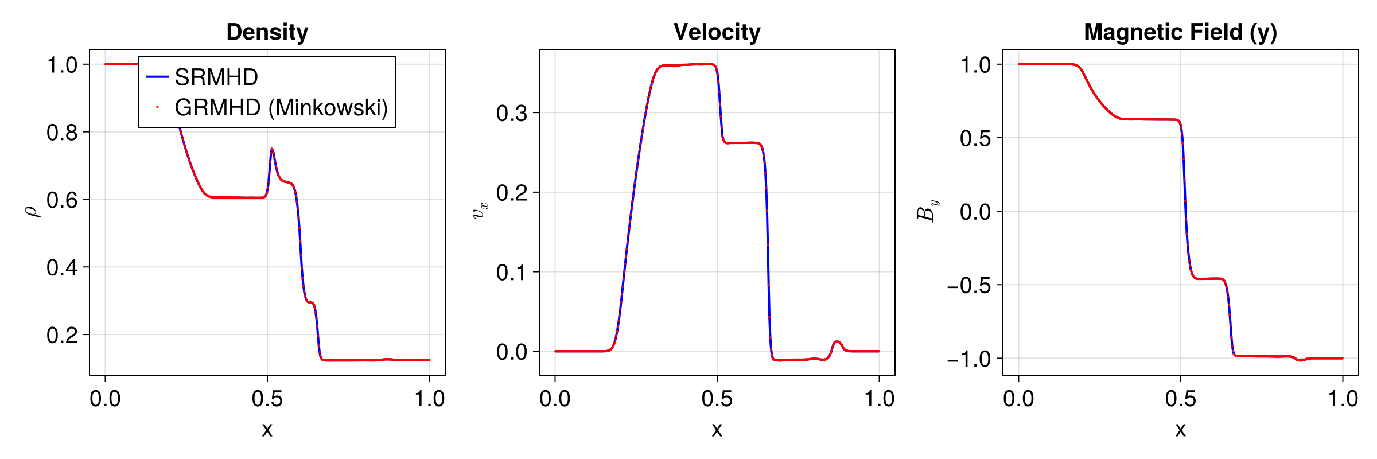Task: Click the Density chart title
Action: tap(267, 32)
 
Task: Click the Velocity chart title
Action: tap(717, 32)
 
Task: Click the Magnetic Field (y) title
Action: tap(1180, 32)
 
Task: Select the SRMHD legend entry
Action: tap(216, 77)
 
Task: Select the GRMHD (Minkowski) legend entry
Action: tap(281, 107)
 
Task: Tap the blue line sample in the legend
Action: tap(157, 77)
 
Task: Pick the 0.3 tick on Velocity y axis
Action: tap(512, 113)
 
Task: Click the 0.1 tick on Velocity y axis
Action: tap(512, 272)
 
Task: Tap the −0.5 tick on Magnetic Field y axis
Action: tap(969, 285)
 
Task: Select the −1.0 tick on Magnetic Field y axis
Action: tap(969, 359)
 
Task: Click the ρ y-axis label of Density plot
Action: tap(33, 211)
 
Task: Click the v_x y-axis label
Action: tap(480, 211)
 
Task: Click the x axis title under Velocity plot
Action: tap(717, 429)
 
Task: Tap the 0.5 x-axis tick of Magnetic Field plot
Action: tap(1180, 399)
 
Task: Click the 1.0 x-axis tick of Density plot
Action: tap(429, 399)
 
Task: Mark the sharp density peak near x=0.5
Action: tap(272, 150)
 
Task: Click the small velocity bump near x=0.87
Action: tap(837, 342)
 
